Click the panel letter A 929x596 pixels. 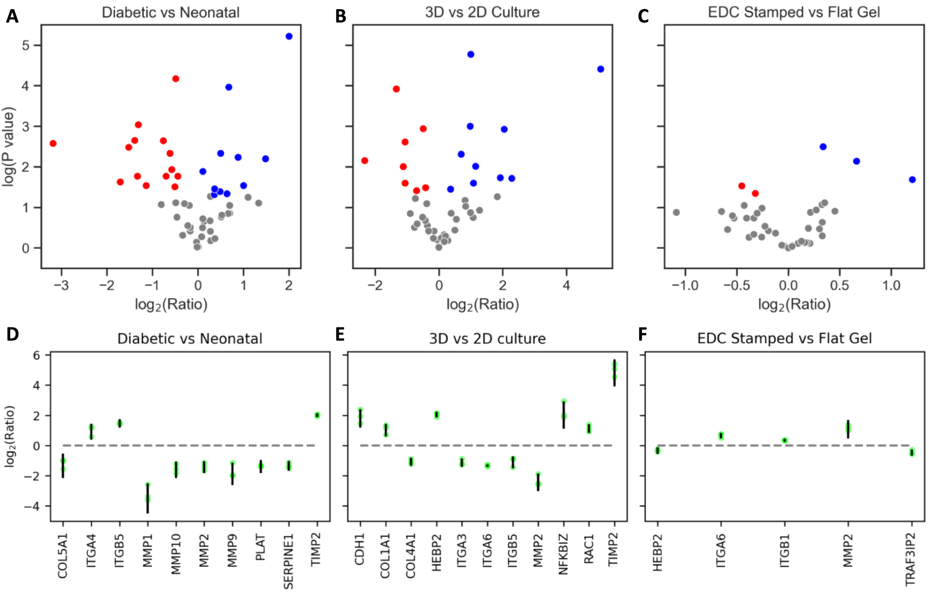(12, 17)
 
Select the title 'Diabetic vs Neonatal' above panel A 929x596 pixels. (171, 12)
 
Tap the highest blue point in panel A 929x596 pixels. (289, 37)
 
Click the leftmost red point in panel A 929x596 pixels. (53, 144)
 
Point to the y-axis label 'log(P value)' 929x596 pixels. (8, 147)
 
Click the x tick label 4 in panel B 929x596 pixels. (566, 285)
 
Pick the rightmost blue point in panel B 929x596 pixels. (600, 69)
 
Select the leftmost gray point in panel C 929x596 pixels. (676, 213)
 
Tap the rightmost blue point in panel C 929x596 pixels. (912, 180)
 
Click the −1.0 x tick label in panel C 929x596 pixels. (684, 285)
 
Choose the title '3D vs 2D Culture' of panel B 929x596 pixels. (482, 12)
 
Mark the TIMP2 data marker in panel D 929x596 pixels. (317, 415)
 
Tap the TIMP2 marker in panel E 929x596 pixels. (614, 372)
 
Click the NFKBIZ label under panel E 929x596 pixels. (563, 555)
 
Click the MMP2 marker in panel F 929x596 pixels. (848, 429)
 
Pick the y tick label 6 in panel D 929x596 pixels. (37, 355)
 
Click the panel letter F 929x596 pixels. (642, 335)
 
